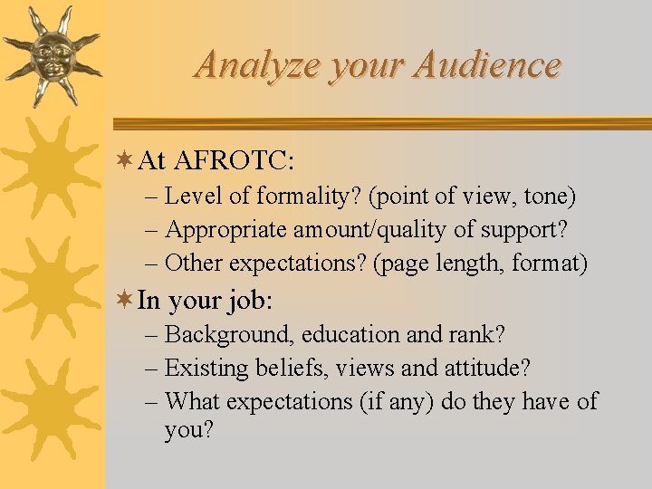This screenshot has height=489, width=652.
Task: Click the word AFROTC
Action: (x=234, y=161)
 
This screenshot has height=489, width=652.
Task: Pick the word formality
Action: (x=298, y=196)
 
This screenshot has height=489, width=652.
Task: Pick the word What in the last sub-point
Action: (x=193, y=401)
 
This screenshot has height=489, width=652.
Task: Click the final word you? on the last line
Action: (x=189, y=430)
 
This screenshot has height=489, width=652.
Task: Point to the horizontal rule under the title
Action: (x=380, y=124)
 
